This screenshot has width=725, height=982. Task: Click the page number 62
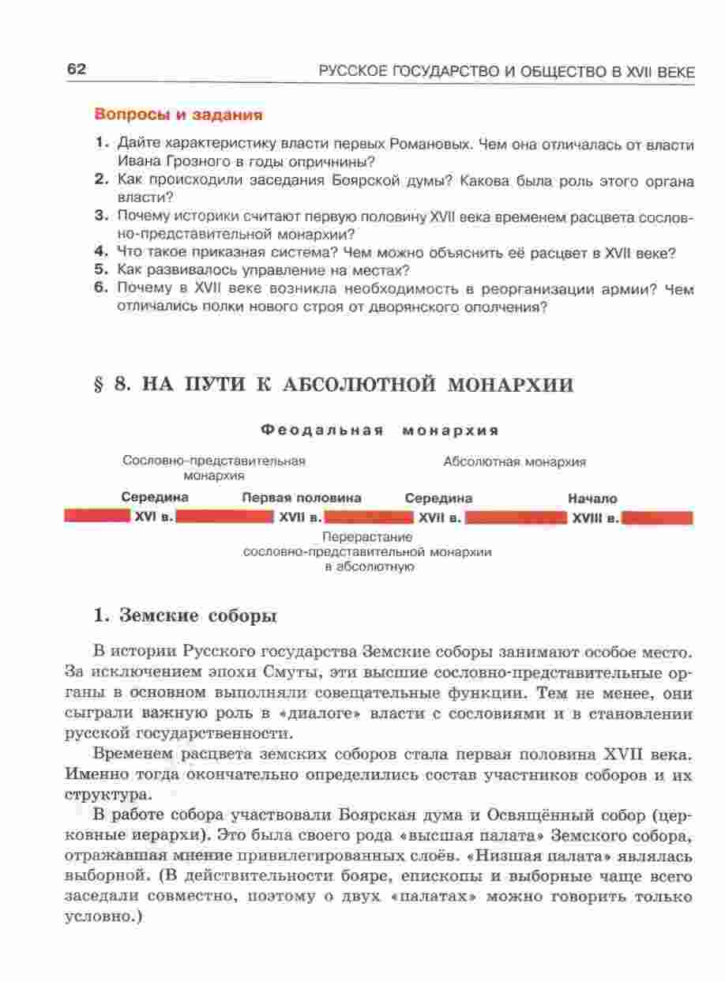point(76,70)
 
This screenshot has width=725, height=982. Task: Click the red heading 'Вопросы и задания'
point(178,115)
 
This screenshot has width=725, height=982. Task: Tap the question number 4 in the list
point(100,253)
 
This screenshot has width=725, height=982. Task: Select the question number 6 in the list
point(100,289)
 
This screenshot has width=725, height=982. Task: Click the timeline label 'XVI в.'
point(152,518)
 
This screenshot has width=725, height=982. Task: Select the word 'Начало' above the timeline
point(592,499)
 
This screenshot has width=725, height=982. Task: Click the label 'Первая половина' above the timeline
point(302,499)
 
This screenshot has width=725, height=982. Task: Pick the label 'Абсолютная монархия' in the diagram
point(514,461)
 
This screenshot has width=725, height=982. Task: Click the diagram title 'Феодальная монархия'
point(379,431)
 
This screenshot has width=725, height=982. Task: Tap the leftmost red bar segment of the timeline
point(96,517)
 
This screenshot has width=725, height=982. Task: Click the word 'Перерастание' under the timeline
point(368,537)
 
